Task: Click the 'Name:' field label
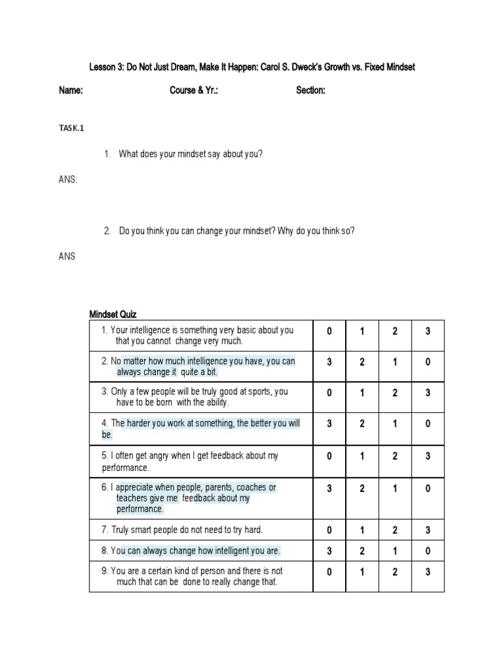tap(70, 91)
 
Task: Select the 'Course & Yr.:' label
tap(194, 91)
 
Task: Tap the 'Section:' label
tap(311, 91)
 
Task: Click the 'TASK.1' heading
tap(72, 129)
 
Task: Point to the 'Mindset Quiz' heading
tap(113, 314)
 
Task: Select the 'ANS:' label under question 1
tap(68, 179)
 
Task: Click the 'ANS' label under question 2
tap(67, 256)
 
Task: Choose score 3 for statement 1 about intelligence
tap(428, 331)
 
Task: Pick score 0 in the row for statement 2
tap(428, 362)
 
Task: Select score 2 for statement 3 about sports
tap(395, 393)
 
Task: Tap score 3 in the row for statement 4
tap(329, 423)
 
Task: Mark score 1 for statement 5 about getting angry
tap(362, 457)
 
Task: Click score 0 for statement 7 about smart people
tap(329, 530)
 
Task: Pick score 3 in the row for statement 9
tap(428, 572)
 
